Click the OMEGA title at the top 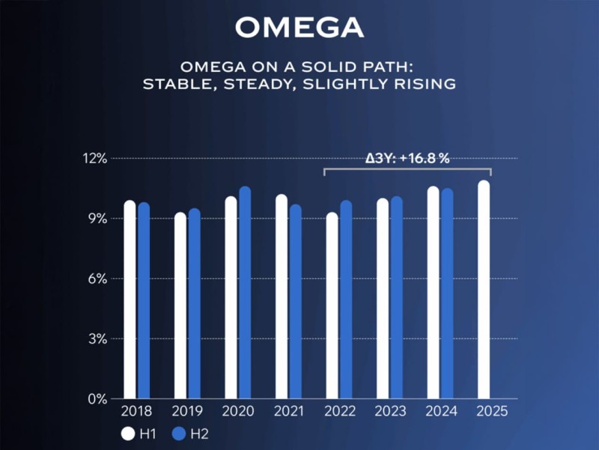[x=299, y=27]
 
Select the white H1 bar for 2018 [x=130, y=300]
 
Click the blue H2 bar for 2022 [x=346, y=300]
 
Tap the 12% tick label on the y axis [x=97, y=159]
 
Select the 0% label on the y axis [x=100, y=399]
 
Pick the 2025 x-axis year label [x=490, y=412]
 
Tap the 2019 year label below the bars [x=186, y=412]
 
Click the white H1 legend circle [x=128, y=433]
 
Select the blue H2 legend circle [x=179, y=433]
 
